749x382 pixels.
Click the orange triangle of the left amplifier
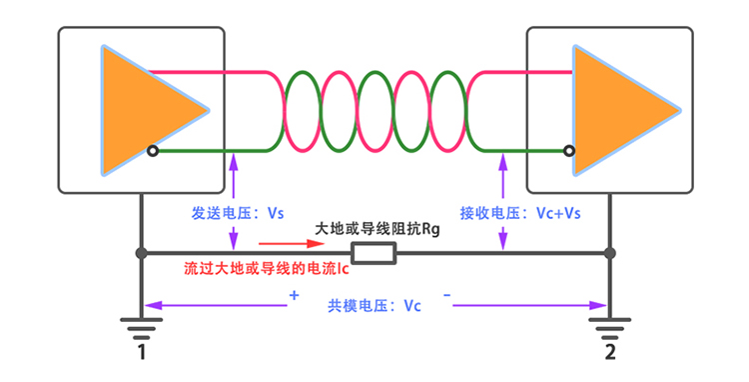point(140,110)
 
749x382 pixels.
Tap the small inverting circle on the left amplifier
point(152,151)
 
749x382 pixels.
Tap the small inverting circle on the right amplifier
point(568,151)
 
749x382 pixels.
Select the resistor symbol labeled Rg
point(374,254)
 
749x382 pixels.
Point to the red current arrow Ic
point(290,243)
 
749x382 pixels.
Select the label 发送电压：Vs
point(238,213)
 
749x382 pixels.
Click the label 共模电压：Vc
point(374,305)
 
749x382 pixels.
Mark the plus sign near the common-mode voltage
point(294,296)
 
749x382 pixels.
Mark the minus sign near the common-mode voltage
point(446,296)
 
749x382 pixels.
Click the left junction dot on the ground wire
point(142,254)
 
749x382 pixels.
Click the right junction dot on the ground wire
point(609,254)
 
